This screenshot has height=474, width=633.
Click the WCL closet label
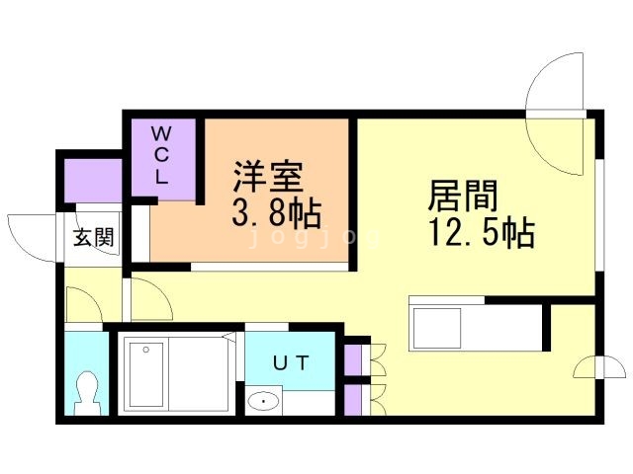point(160,155)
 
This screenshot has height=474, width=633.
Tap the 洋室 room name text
point(268,177)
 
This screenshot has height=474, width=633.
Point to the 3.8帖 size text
point(277,213)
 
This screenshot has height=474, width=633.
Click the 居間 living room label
point(463,196)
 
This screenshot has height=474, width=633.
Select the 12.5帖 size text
point(482,232)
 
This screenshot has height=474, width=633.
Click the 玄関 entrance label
point(94,237)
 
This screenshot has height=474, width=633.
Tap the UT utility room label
point(291,363)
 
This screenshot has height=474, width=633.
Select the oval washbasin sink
point(264,401)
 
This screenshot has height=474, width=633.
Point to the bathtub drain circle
point(145,350)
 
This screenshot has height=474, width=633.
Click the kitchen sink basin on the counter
point(435,329)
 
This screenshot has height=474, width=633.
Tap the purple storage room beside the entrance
point(93,181)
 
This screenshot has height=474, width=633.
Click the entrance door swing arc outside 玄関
point(33,239)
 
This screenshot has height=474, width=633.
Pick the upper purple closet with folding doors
point(353,360)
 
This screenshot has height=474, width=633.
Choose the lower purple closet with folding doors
point(353,400)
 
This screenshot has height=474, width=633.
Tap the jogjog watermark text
point(315,237)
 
